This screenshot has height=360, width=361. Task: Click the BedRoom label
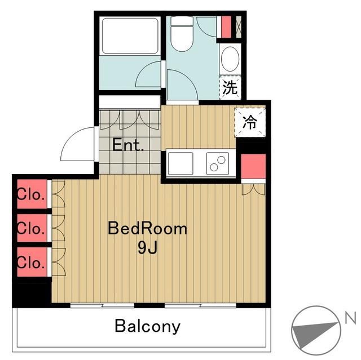147,229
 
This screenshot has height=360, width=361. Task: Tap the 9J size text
148,248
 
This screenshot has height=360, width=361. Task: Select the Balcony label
148,326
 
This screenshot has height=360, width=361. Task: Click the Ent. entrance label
128,145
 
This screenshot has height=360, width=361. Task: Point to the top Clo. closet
32,194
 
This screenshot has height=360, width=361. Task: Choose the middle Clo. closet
32,228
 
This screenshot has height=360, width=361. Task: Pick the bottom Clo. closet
32,262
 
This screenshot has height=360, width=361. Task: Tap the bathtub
130,36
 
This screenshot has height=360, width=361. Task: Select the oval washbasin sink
230,59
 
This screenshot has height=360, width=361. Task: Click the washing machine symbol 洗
230,87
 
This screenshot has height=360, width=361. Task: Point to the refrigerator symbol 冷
250,122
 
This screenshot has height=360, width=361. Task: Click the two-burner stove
218,163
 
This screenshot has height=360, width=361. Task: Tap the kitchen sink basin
180,163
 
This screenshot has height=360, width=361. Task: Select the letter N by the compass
350,318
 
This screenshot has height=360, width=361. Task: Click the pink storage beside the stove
253,166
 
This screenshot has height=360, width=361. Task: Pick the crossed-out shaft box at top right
239,27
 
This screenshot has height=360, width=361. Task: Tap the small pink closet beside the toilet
226,27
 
